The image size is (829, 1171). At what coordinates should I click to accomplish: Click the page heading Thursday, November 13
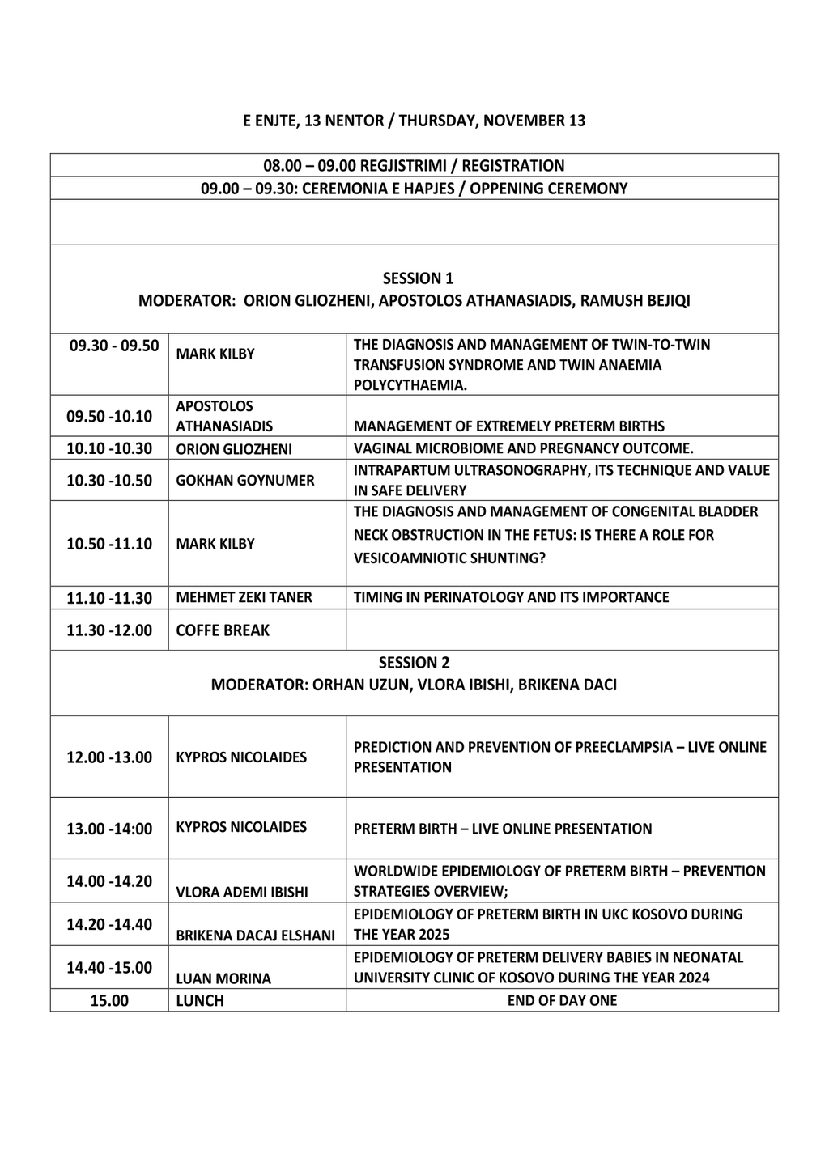[414, 121]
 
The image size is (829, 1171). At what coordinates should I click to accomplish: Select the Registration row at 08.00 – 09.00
[414, 166]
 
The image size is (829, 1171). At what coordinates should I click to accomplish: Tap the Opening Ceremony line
[414, 189]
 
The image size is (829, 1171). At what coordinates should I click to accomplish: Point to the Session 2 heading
[414, 662]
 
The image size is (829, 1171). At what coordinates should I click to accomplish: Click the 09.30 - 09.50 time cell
[114, 346]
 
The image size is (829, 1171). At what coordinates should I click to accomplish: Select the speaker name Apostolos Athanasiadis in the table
[224, 416]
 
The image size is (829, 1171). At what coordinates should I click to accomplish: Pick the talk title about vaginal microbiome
[523, 448]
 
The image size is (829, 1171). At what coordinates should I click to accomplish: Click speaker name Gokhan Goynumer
[244, 480]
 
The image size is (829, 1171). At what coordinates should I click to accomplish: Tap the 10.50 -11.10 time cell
[109, 544]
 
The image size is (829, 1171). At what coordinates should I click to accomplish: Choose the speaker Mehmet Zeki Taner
[244, 597]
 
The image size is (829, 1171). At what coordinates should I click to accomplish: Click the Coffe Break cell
[223, 630]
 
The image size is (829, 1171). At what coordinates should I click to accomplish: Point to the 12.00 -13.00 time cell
[109, 757]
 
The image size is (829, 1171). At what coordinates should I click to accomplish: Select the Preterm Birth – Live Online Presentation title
[502, 829]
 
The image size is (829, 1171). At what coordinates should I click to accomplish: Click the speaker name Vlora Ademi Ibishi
[241, 893]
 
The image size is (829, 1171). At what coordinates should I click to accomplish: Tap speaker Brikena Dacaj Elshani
[255, 936]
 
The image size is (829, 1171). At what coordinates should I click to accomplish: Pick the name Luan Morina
[223, 978]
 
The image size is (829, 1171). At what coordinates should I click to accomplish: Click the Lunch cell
[200, 1000]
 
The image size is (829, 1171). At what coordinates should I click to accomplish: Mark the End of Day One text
[562, 1000]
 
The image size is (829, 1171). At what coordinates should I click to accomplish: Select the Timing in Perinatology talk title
[511, 597]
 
